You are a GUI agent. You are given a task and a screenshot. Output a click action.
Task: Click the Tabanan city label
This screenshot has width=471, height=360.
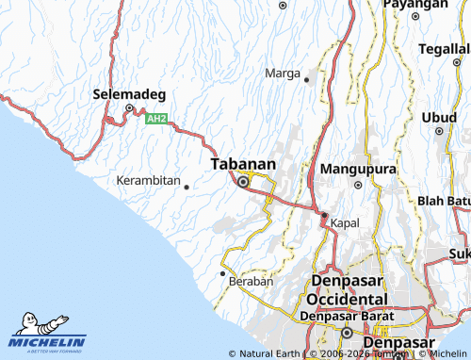point(243,164)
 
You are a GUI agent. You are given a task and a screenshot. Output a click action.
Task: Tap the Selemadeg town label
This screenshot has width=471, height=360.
point(130,94)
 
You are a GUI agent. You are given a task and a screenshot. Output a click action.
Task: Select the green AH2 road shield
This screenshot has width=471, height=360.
point(156,119)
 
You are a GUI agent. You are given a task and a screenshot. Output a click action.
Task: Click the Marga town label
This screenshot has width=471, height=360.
point(283,74)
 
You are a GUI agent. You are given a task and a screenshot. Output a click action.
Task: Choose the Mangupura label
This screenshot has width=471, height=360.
point(354,170)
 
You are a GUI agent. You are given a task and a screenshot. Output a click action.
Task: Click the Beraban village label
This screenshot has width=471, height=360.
point(252,281)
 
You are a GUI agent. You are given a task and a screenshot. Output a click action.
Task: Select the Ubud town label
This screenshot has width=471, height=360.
point(438,117)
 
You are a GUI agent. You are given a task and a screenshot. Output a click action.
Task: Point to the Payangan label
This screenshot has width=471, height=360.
point(414,5)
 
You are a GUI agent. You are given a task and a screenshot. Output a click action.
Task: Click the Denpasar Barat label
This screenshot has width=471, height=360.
point(345,316)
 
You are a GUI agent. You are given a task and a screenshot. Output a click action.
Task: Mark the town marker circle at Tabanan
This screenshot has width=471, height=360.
point(243,182)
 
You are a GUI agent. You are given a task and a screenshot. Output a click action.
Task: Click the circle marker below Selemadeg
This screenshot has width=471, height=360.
point(130,109)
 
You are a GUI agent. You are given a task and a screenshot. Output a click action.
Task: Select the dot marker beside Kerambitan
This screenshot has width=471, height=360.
point(187,187)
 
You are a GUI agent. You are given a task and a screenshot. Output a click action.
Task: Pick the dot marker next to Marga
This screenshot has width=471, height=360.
point(306,80)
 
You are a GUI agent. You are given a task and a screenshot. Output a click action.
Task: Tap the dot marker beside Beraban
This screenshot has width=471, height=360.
point(223,273)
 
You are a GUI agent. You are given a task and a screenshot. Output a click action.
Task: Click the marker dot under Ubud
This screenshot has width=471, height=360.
point(439,132)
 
